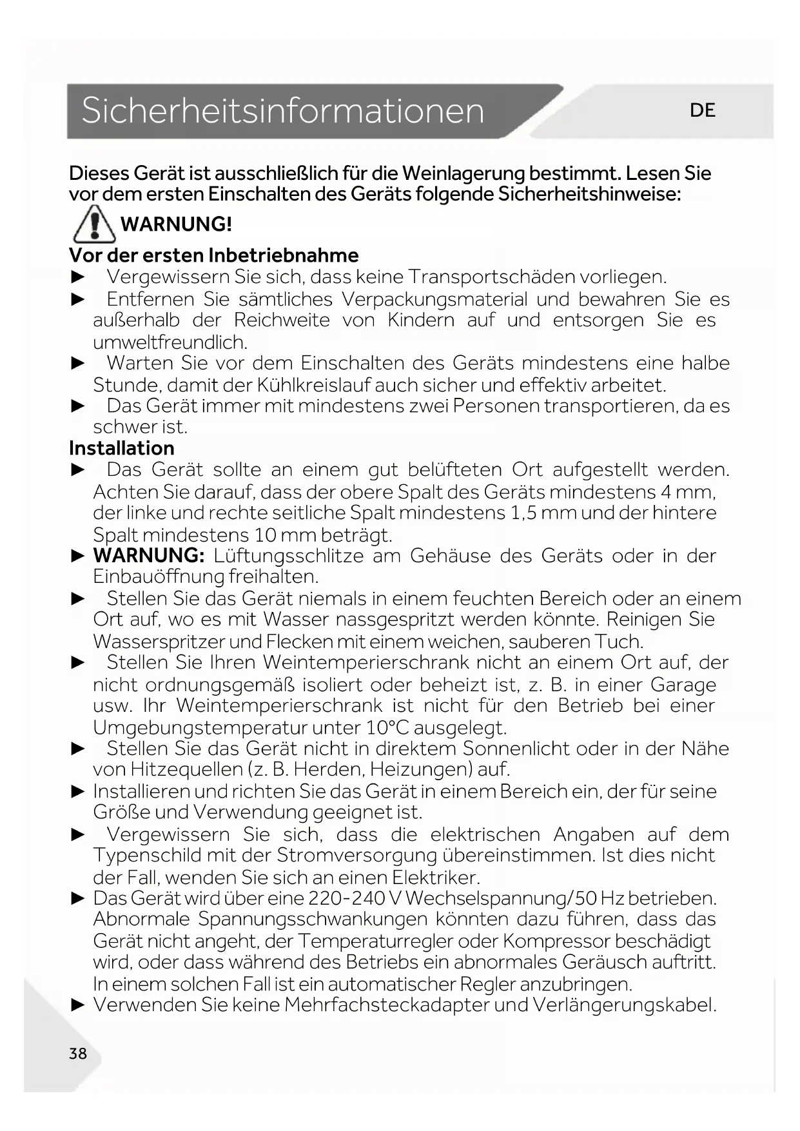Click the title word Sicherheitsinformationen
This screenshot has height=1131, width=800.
282,110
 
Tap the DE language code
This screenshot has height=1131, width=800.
702,110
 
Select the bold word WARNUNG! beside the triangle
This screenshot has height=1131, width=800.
176,224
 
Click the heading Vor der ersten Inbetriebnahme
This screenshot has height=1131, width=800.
213,255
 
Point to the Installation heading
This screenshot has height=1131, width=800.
121,448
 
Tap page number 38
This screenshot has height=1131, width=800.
78,1054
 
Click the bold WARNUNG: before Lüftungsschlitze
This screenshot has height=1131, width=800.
149,555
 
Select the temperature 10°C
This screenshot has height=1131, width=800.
387,727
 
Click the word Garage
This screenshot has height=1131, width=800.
683,684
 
